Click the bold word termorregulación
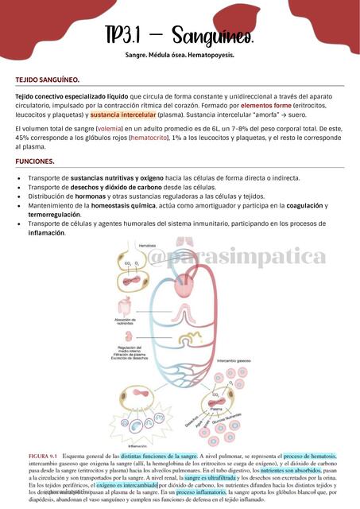coord(59,215)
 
